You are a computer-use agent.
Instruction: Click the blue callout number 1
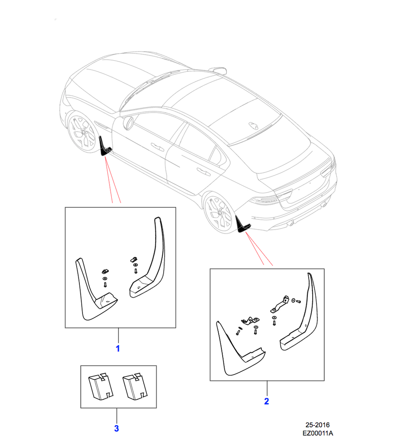118,348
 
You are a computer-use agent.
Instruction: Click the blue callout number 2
267,401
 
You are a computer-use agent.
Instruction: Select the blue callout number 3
117,428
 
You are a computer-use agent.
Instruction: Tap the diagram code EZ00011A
318,433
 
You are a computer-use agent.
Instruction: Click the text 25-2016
318,425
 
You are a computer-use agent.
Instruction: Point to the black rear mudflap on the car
242,224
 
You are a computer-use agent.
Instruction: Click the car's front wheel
82,132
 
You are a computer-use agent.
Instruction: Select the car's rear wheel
219,213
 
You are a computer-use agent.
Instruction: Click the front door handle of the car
157,147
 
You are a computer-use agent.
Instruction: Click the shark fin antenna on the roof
253,125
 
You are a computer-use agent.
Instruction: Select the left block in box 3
100,386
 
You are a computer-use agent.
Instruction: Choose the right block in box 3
135,386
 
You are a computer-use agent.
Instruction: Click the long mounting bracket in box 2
279,304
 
